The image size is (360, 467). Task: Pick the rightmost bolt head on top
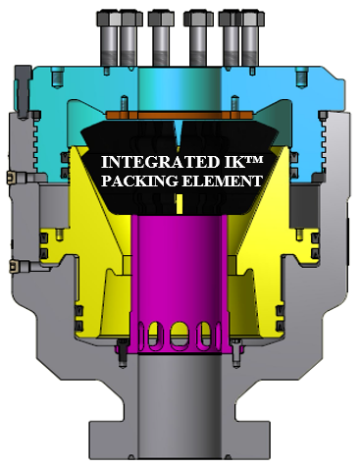point(253,19)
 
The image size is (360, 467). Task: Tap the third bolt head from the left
point(161,19)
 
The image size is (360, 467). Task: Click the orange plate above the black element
point(180,115)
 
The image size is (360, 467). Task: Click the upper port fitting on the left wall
point(13,178)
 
